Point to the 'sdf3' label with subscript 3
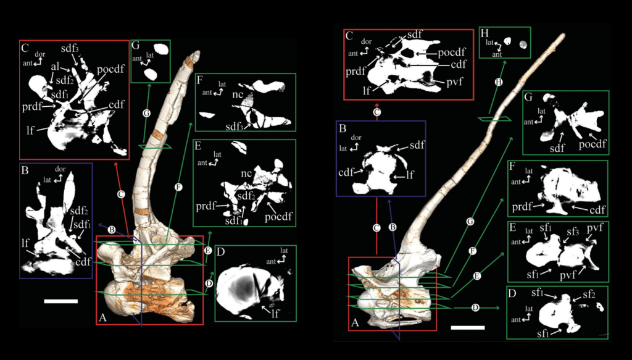pos(69,48)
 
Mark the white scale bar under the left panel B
pos(61,301)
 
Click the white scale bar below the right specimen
pos(468,327)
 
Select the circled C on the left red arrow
pos(122,193)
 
